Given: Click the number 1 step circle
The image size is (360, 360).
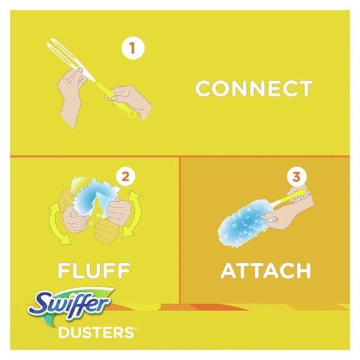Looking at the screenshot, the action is tap(133, 48).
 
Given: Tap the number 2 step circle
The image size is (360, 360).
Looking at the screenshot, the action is tap(125, 177).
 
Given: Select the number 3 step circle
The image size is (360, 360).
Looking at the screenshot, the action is tap(296, 177).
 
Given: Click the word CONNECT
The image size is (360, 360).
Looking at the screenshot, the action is tap(254, 89).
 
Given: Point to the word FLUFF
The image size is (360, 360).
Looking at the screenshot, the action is tap(94, 270).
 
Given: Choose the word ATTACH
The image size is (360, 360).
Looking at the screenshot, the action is tap(265, 271).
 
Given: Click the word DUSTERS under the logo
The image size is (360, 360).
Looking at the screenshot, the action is tap(96, 332).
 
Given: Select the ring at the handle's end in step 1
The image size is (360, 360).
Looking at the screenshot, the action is tap(132, 114).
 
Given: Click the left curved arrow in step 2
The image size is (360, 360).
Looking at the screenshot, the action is tap(57, 224).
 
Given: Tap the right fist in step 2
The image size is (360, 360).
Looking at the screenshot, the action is tap(119, 212).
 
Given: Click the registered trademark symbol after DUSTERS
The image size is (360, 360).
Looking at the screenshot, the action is tap(135, 328).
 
